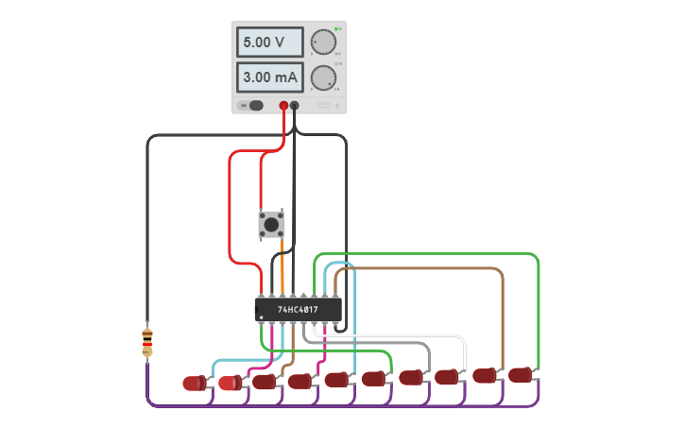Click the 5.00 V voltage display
(269, 43)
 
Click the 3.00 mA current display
(269, 77)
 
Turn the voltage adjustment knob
(323, 43)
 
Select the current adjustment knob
(323, 77)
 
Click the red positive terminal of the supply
(283, 106)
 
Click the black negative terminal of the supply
(295, 106)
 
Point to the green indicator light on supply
(335, 29)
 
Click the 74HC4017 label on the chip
(298, 309)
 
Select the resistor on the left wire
(147, 341)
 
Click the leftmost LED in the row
(195, 383)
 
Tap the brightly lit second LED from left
(230, 383)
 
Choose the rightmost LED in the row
(520, 375)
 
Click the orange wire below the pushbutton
(283, 269)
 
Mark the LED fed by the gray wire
(411, 377)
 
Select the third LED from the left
(265, 382)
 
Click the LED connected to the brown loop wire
(485, 375)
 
